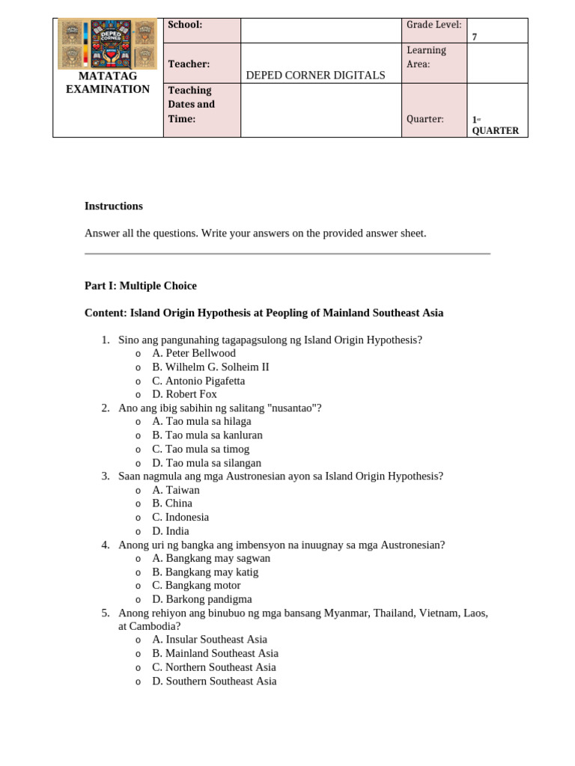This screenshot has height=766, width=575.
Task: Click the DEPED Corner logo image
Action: click(107, 44)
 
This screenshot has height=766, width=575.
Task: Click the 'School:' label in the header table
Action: click(185, 25)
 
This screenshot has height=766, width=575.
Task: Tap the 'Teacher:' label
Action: click(189, 64)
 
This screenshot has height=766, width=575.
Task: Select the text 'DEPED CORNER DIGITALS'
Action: click(315, 75)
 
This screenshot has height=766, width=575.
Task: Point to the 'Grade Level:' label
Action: click(433, 25)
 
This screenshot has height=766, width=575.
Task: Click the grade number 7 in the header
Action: click(475, 37)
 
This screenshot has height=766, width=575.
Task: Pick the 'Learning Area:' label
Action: click(426, 57)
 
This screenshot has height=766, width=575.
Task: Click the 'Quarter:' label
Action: click(425, 119)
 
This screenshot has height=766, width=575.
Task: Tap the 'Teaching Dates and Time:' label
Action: click(191, 105)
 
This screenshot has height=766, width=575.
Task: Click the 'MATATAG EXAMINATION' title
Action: click(108, 83)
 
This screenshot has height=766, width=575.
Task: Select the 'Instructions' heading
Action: click(113, 206)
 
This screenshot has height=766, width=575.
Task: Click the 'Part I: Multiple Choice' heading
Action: click(140, 286)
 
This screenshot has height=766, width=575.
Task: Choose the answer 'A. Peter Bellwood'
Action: click(193, 353)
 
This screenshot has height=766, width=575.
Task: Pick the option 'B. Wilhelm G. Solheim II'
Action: click(210, 367)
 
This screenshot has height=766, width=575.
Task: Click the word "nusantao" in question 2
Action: click(294, 408)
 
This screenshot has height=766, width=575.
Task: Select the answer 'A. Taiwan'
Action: click(175, 490)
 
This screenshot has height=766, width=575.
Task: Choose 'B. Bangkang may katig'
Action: click(204, 572)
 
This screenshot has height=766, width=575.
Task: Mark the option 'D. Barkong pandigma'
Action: click(201, 599)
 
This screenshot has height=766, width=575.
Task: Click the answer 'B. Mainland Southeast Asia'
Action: click(214, 653)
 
